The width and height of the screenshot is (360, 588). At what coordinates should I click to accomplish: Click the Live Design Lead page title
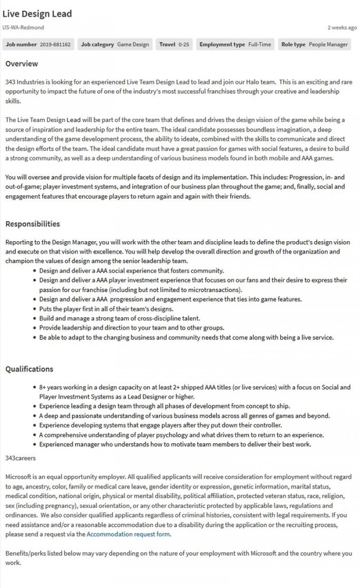(x=37, y=14)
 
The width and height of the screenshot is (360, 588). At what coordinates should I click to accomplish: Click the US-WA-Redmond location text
(x=23, y=28)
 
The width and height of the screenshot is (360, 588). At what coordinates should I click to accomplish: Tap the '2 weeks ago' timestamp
(x=341, y=28)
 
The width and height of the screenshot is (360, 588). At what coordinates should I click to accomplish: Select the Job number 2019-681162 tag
(x=38, y=45)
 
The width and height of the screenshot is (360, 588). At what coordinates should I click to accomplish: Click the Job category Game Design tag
(x=115, y=45)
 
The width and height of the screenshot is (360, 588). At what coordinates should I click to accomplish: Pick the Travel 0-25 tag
(x=174, y=45)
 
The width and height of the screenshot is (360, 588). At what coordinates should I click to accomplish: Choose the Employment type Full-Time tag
(x=235, y=45)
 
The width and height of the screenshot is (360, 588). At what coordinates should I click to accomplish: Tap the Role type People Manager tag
(x=314, y=45)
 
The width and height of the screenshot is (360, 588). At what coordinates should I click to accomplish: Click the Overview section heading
(x=22, y=64)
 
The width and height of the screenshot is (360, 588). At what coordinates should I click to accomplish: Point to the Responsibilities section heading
(x=32, y=224)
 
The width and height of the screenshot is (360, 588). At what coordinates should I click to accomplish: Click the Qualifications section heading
(x=29, y=369)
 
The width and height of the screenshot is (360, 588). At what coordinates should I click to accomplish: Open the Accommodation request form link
(x=128, y=534)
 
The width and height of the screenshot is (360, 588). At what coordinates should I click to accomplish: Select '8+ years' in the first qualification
(x=51, y=387)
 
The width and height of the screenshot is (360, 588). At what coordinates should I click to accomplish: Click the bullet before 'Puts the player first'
(x=34, y=309)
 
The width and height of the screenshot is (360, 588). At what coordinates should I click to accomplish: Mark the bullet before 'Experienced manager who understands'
(x=34, y=445)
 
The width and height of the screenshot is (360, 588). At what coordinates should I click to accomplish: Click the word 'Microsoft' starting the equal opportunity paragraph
(x=20, y=477)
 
